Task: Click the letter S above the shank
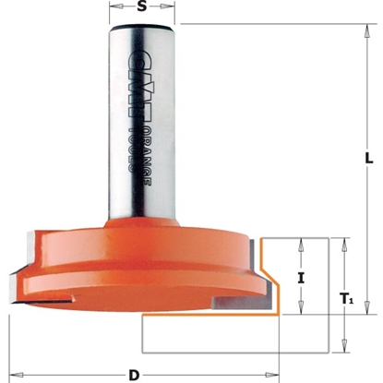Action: (x=140, y=7)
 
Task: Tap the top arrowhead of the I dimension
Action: (x=300, y=242)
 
